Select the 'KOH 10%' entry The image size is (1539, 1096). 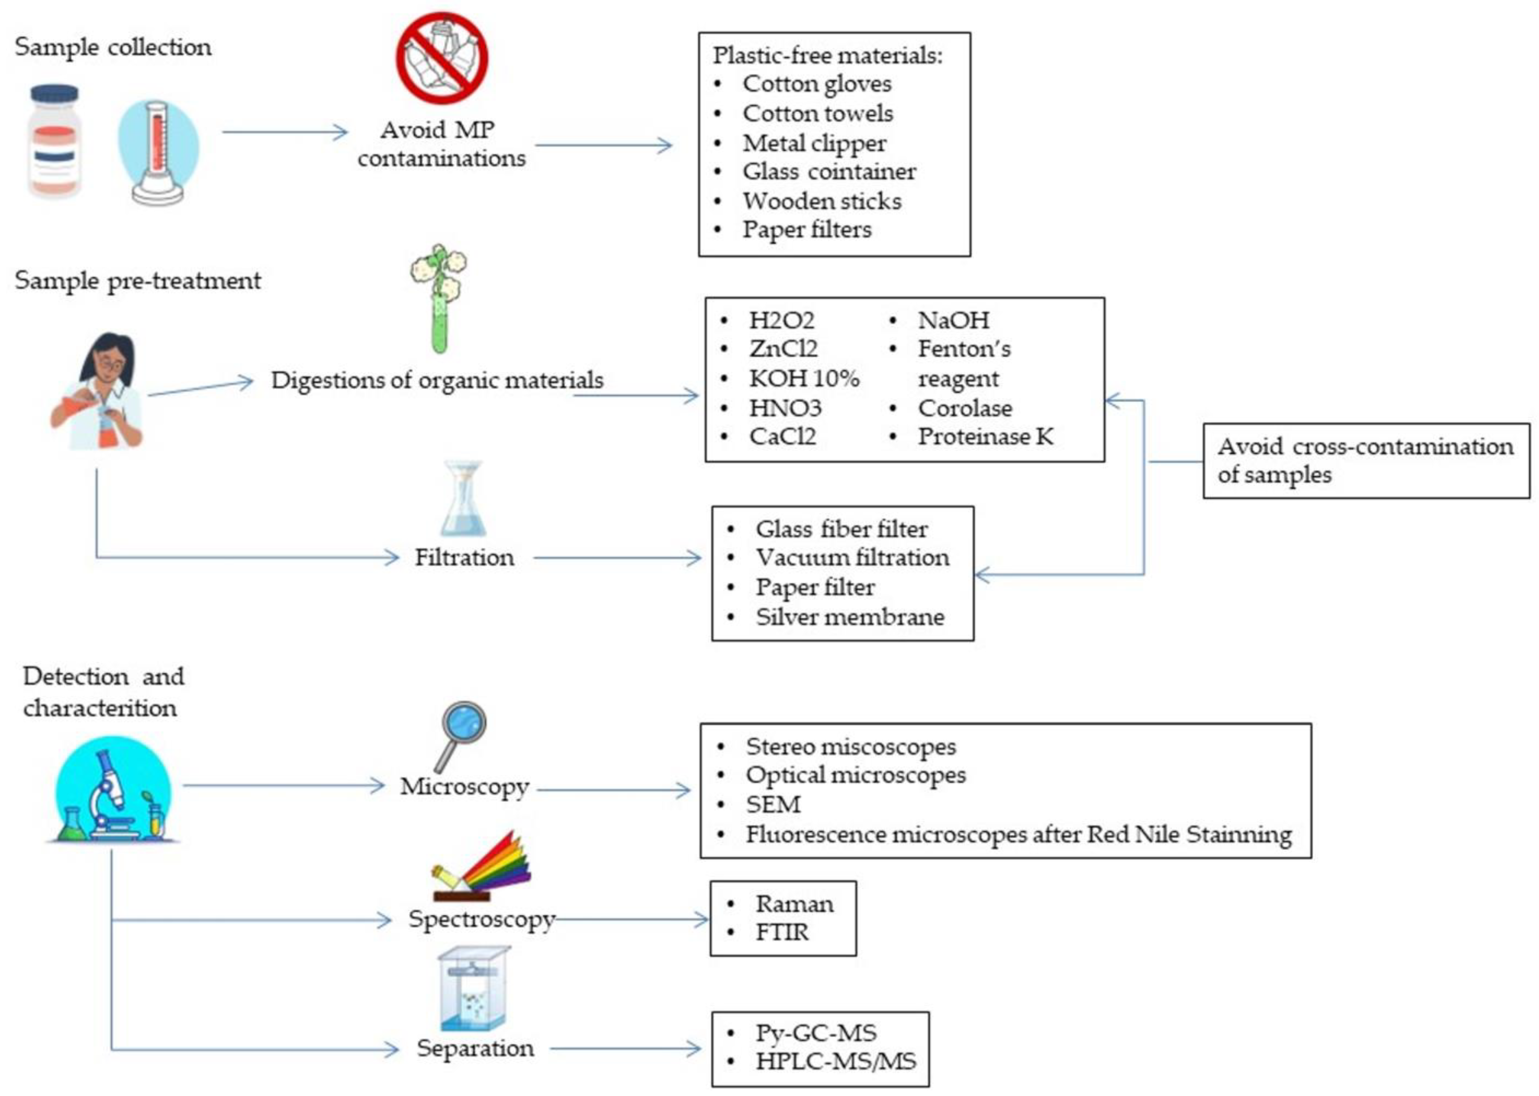tap(804, 379)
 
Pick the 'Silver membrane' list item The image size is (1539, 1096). tap(849, 617)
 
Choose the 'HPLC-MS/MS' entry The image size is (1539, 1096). tap(835, 1062)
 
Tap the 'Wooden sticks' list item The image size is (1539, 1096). tap(822, 201)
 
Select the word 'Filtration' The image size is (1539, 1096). tap(464, 557)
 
